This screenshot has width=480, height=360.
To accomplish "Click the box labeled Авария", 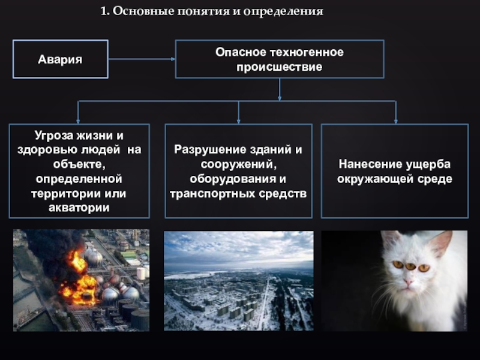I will pyautogui.click(x=60, y=59).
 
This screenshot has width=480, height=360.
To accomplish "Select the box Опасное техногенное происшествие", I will pyautogui.click(x=279, y=59).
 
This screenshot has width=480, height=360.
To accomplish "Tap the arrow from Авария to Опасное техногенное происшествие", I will pyautogui.click(x=142, y=59).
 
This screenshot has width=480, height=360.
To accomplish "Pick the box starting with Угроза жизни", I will pyautogui.click(x=79, y=171).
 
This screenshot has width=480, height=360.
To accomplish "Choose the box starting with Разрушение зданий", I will pyautogui.click(x=238, y=171).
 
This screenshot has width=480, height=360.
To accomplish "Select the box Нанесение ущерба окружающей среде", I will pyautogui.click(x=394, y=171).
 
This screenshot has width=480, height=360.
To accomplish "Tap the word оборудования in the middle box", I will pyautogui.click(x=238, y=179).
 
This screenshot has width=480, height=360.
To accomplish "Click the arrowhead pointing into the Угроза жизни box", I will pyautogui.click(x=79, y=121).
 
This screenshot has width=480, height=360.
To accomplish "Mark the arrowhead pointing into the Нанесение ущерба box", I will pyautogui.click(x=395, y=121).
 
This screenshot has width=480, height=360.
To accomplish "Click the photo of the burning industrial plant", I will pyautogui.click(x=81, y=280).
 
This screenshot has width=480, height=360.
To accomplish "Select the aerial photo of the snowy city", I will pyautogui.click(x=238, y=280).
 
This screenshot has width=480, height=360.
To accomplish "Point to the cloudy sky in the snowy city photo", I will pyautogui.click(x=238, y=246).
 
